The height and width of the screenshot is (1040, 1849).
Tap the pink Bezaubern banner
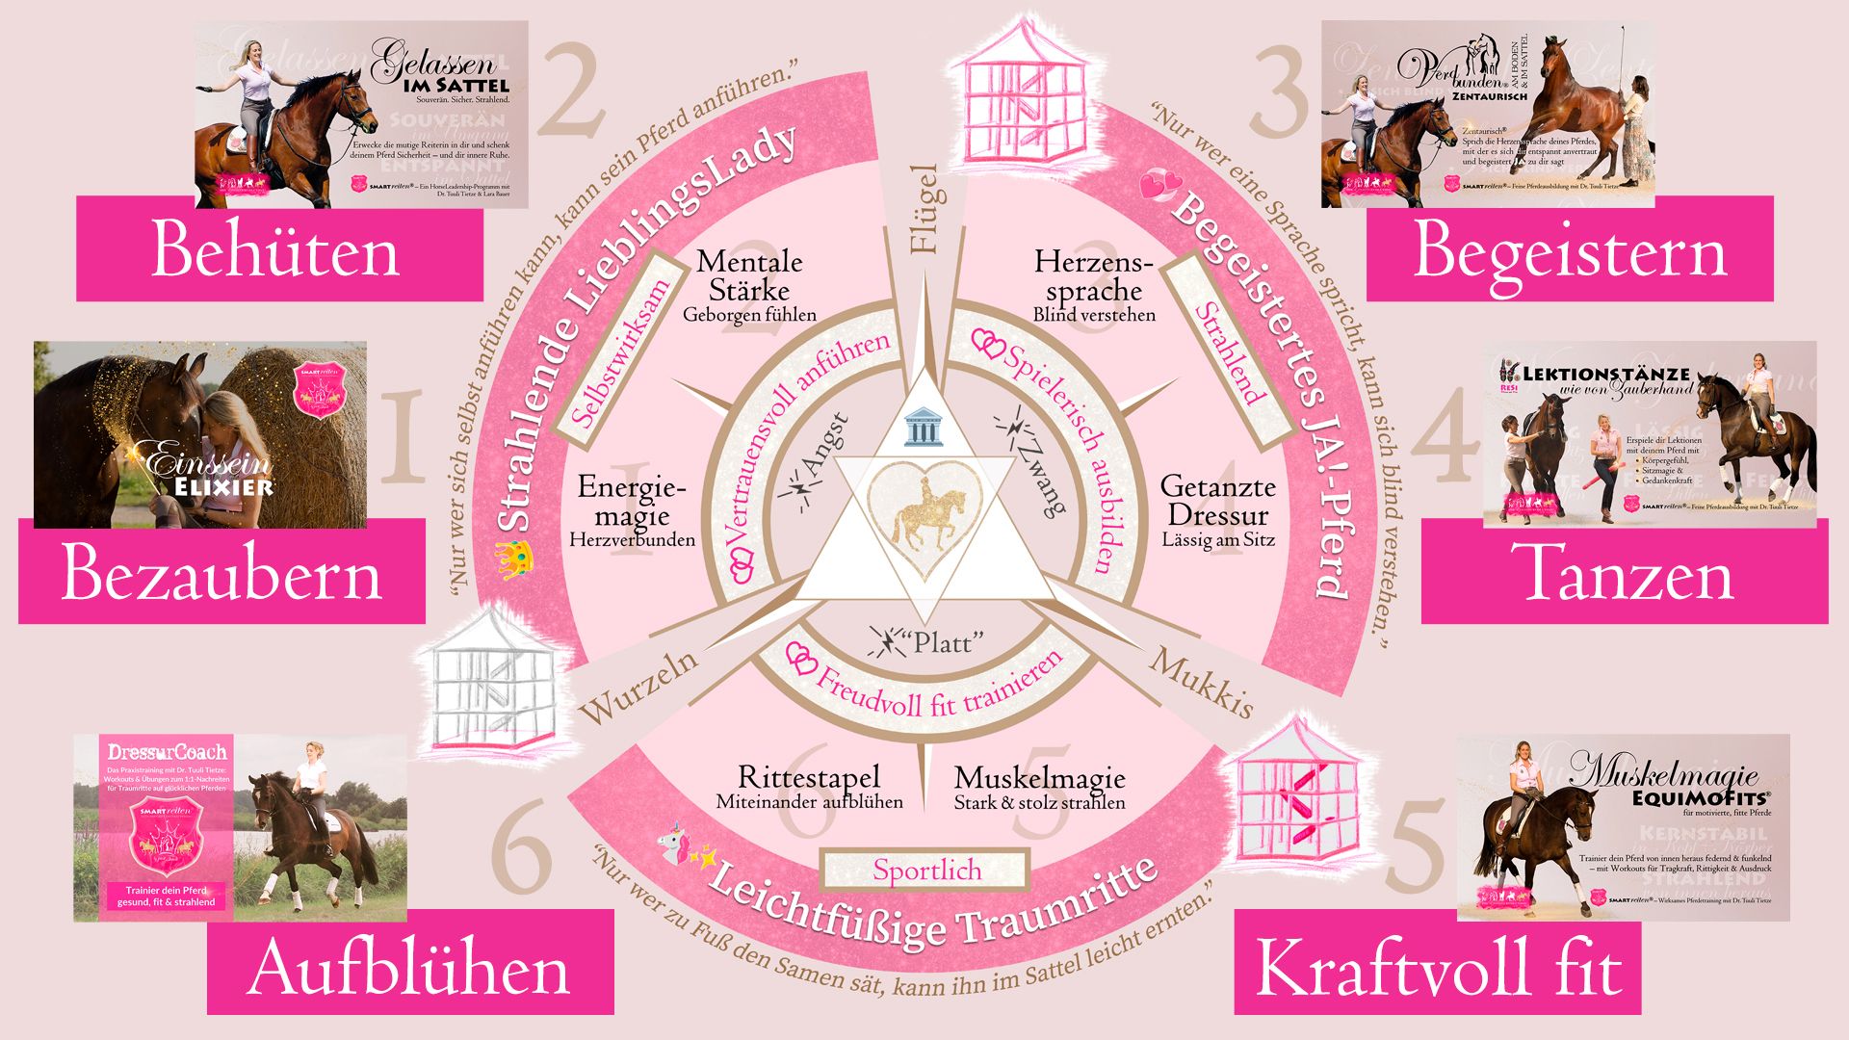tap(221, 574)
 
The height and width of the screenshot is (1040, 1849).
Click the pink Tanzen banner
tap(1625, 574)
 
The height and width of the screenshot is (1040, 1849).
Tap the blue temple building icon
tap(924, 428)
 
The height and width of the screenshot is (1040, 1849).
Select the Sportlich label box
tap(926, 870)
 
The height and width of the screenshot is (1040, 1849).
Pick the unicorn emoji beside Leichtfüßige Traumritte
tap(672, 843)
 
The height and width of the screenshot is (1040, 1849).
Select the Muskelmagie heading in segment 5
tap(1039, 777)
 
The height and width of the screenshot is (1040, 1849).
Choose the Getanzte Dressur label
tap(1218, 501)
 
